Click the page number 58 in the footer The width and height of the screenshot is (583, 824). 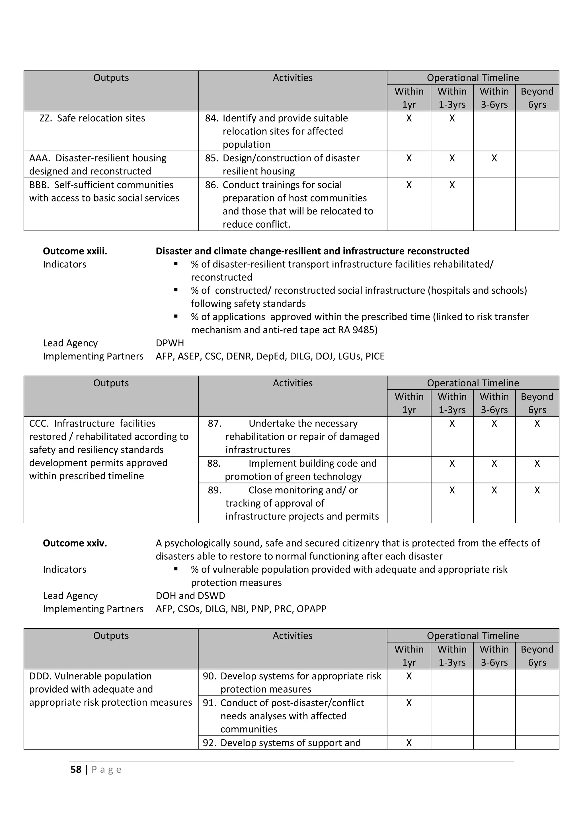point(76,769)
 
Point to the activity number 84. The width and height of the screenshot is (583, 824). point(212,118)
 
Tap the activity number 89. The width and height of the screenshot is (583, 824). point(214,490)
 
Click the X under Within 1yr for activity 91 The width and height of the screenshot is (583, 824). point(408,703)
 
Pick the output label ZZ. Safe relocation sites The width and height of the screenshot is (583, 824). point(92,118)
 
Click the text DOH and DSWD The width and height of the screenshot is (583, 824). point(190,596)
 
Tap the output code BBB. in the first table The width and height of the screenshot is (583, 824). point(40,185)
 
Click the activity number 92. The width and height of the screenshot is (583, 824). point(209,743)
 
